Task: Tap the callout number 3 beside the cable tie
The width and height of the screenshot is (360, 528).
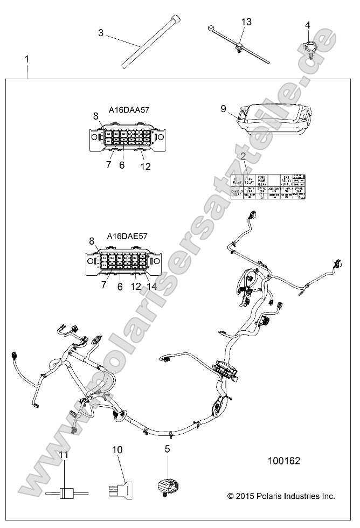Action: (x=101, y=32)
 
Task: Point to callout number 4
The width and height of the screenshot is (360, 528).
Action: (x=308, y=25)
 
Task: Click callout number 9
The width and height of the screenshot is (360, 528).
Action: (x=224, y=108)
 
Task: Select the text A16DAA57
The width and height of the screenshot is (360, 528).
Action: (x=129, y=110)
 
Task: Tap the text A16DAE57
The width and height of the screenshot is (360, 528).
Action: (x=128, y=235)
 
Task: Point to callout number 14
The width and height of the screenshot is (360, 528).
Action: (x=151, y=287)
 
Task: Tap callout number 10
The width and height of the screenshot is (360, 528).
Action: (x=117, y=449)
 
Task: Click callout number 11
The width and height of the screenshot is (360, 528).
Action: (x=64, y=455)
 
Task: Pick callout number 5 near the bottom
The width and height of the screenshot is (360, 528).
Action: (x=167, y=448)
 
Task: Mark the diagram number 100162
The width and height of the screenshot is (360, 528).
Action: (x=284, y=461)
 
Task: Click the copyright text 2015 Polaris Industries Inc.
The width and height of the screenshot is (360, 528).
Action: (x=281, y=496)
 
